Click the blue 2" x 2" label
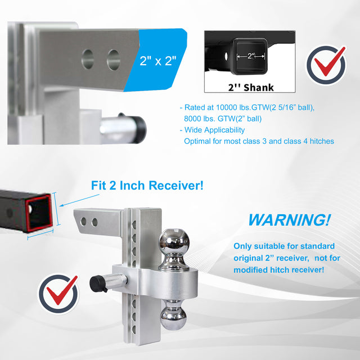(x=157, y=61)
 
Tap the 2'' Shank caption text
(x=251, y=88)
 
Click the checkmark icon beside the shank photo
(x=326, y=65)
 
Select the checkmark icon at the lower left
(x=58, y=294)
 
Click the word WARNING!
(x=289, y=220)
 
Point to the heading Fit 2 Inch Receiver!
(x=147, y=185)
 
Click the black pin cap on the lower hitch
(x=97, y=283)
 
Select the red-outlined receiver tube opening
(x=39, y=212)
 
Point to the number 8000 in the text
(x=192, y=119)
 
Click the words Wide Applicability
(x=214, y=130)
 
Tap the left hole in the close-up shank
(x=88, y=59)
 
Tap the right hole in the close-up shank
(x=114, y=60)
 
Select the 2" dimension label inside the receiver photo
(x=251, y=56)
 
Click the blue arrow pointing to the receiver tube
(x=79, y=200)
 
